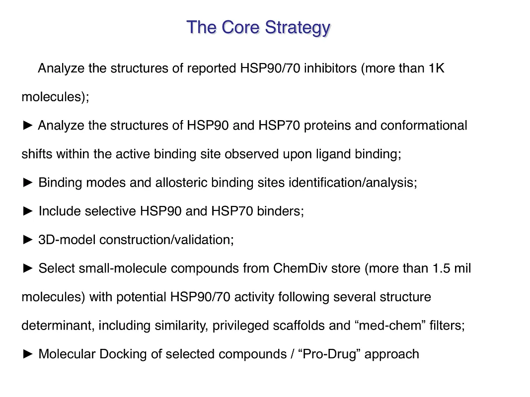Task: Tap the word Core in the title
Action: coord(241,27)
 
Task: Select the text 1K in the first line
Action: coord(436,68)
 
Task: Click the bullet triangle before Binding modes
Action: coord(28,183)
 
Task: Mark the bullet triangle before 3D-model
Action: coord(28,240)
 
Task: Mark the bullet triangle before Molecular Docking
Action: coord(28,354)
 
